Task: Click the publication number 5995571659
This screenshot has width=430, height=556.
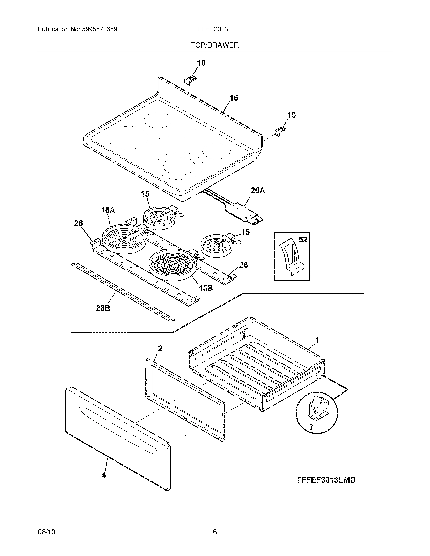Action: pyautogui.click(x=99, y=29)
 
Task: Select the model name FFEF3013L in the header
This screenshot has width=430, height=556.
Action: pyautogui.click(x=215, y=29)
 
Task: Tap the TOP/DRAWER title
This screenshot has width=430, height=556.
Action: pyautogui.click(x=215, y=45)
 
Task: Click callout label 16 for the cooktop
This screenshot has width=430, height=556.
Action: pyautogui.click(x=234, y=98)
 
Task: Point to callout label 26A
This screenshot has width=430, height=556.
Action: pyautogui.click(x=258, y=190)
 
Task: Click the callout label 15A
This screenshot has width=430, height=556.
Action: pyautogui.click(x=108, y=210)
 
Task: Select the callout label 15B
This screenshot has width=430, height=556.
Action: pyautogui.click(x=206, y=288)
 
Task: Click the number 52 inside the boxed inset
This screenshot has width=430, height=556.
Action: pyautogui.click(x=303, y=239)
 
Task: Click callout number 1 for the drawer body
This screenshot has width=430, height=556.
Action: pyautogui.click(x=317, y=340)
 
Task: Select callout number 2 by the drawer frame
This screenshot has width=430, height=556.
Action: pyautogui.click(x=160, y=349)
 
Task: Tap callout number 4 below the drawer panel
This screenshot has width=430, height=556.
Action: pyautogui.click(x=104, y=475)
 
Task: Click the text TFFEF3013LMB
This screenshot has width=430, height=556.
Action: pyautogui.click(x=326, y=480)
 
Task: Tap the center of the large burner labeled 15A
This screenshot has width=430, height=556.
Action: pyautogui.click(x=124, y=239)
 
